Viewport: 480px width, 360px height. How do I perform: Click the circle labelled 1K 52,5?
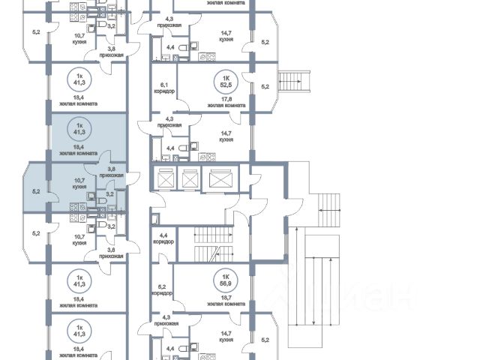coord(223,80)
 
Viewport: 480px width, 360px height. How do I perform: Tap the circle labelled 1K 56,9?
coord(223,279)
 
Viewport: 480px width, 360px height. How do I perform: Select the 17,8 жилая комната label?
coord(225,102)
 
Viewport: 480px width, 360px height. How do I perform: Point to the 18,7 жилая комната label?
coord(225,301)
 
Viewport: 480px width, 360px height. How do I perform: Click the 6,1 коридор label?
coord(164,88)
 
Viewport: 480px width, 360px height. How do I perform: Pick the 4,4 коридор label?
coord(163,238)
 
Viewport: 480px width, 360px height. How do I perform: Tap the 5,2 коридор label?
coord(164,289)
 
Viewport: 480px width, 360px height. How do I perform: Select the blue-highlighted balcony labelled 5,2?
coord(35,190)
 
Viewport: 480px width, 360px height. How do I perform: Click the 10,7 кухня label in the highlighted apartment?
coord(79,181)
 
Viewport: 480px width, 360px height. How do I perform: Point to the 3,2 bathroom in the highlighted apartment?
coord(109,193)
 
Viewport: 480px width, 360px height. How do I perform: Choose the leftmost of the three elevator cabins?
coord(164,180)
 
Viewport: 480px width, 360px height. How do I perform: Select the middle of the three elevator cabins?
coord(190,180)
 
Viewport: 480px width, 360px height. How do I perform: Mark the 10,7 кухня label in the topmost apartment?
coord(79,39)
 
